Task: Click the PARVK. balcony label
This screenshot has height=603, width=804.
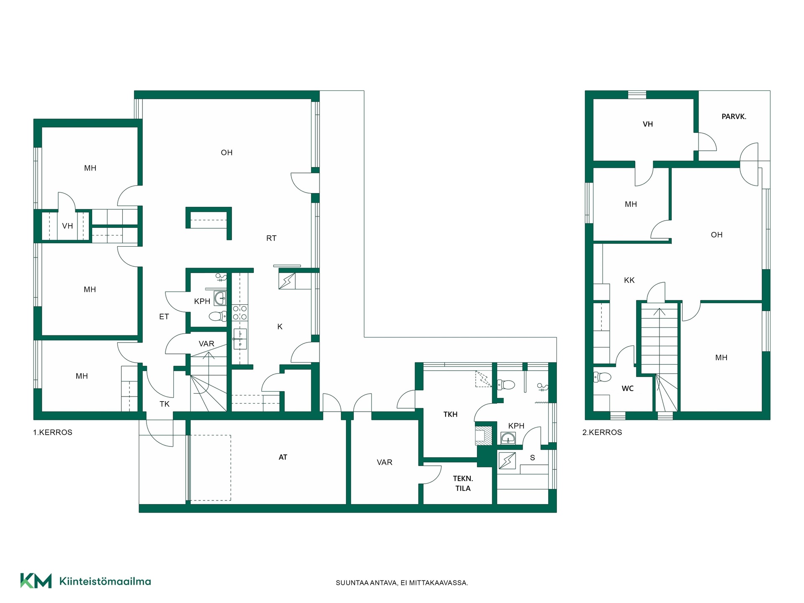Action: coord(734,117)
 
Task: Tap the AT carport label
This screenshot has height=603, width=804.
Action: coord(283,457)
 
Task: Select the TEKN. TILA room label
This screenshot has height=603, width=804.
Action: coord(463,483)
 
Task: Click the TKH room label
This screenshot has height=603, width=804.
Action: coord(450,414)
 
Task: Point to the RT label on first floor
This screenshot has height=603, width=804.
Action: coord(271,238)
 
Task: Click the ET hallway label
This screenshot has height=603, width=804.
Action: coord(164,317)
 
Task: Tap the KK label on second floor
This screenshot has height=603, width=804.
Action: coord(629,280)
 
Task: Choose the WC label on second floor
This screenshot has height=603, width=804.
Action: coord(627,389)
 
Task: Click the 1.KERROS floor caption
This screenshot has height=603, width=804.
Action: coord(53,433)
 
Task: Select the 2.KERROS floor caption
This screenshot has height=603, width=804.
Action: coord(602,433)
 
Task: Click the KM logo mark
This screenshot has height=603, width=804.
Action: coord(36,581)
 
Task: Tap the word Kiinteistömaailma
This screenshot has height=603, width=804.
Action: coord(105,581)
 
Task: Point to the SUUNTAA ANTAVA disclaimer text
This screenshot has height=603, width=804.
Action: coord(402,583)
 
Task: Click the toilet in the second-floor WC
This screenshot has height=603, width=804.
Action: coord(603,377)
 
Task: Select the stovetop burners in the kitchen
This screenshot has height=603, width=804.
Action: coord(240,313)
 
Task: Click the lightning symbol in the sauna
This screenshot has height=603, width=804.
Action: coord(507,461)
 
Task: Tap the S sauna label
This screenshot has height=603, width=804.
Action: coord(532,458)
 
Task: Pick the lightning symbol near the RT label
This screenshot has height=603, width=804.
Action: coord(287,281)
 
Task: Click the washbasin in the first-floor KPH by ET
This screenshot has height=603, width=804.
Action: coord(220,298)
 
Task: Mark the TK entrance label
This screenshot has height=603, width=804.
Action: coord(165,404)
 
